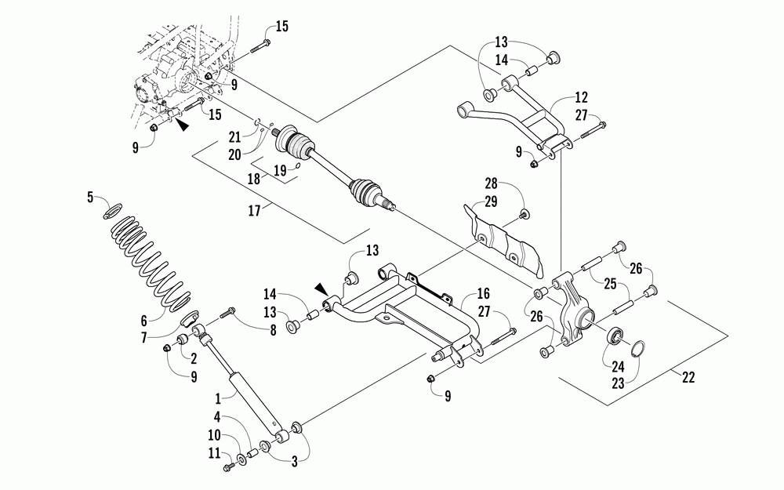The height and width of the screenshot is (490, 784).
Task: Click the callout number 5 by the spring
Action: (90, 197)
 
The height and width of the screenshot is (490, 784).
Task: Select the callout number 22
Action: (688, 377)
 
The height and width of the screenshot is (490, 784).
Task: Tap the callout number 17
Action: (255, 210)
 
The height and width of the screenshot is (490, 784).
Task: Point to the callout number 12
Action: (582, 97)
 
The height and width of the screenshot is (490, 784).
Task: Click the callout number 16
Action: (483, 293)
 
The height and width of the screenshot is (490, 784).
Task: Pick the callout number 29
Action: (491, 201)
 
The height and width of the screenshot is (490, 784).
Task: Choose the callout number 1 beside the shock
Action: (218, 399)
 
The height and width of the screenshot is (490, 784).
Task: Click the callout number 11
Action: (215, 453)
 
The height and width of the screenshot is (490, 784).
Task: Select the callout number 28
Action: (491, 183)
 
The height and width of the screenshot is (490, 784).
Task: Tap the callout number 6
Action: (144, 321)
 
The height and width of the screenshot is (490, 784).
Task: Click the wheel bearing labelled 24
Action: (615, 336)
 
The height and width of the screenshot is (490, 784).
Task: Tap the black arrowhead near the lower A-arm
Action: (321, 289)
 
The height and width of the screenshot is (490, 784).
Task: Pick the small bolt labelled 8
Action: (228, 313)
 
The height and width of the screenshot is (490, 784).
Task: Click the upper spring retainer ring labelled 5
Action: (113, 210)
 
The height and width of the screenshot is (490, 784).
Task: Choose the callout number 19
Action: (280, 170)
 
